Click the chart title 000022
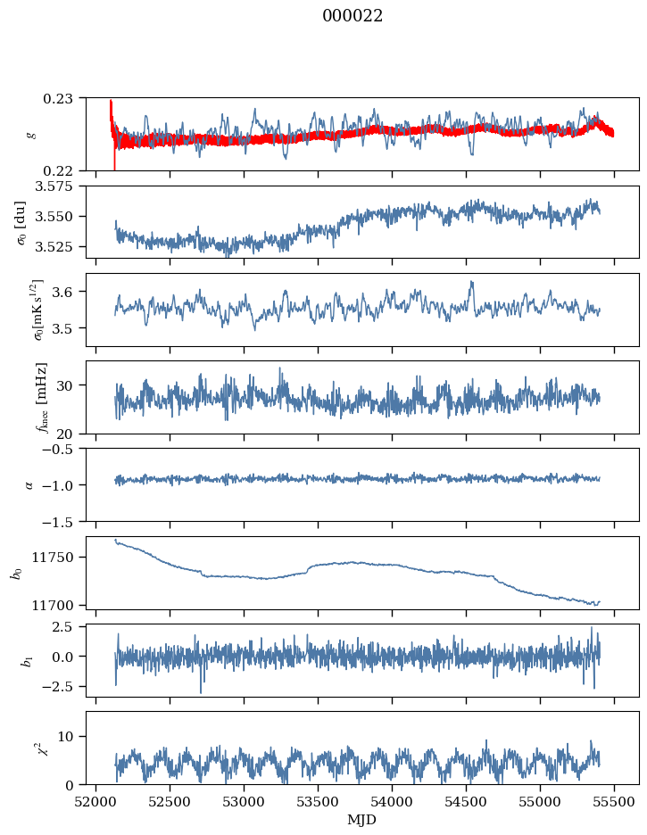[x=353, y=16]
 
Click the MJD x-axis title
[x=361, y=820]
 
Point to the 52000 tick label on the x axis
[x=95, y=803]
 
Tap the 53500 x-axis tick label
[x=318, y=803]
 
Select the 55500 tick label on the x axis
[x=614, y=803]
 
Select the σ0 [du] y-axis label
[x=21, y=223]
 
